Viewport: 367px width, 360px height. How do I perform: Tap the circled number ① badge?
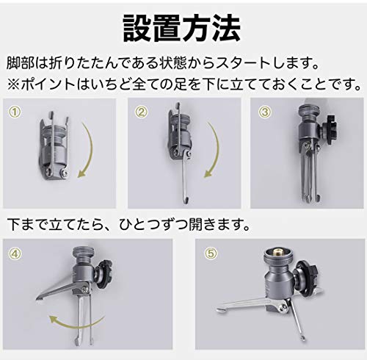tap(14, 113)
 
